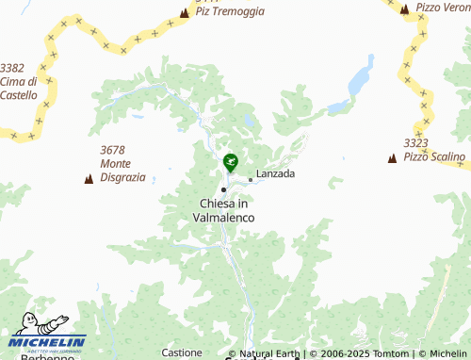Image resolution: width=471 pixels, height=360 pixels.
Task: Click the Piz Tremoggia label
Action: (x=230, y=12)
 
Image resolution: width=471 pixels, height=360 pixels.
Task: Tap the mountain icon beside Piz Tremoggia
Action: (x=185, y=13)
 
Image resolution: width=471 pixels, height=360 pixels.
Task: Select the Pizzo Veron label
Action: (x=443, y=8)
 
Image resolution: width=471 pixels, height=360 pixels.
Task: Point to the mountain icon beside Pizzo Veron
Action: (x=404, y=8)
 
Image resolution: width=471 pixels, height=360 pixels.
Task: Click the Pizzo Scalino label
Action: (x=434, y=156)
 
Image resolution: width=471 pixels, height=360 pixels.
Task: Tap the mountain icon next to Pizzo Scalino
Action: (x=392, y=158)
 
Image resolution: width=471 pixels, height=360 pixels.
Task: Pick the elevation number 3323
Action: (x=416, y=143)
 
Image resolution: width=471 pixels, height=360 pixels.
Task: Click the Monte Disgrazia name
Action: (x=122, y=170)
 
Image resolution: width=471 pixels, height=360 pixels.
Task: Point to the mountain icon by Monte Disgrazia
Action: (x=89, y=178)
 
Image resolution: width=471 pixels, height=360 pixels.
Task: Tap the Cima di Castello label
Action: (x=19, y=88)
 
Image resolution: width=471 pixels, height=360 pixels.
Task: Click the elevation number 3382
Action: (x=13, y=68)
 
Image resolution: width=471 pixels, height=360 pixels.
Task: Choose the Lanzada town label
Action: (x=275, y=174)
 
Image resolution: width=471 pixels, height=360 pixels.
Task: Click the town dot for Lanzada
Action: (x=250, y=179)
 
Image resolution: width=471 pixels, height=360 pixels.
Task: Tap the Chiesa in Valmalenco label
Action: (x=223, y=210)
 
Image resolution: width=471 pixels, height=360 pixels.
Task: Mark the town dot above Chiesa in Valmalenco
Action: (x=223, y=189)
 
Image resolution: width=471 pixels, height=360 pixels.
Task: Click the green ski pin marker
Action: (x=230, y=162)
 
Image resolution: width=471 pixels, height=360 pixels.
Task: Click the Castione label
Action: (x=182, y=352)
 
